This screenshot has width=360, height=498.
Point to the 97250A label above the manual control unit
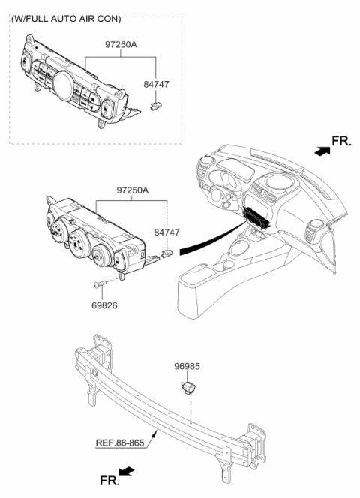click(133, 191)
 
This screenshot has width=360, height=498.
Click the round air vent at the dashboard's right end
click(314, 226)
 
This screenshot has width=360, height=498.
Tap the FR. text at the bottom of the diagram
click(108, 480)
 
